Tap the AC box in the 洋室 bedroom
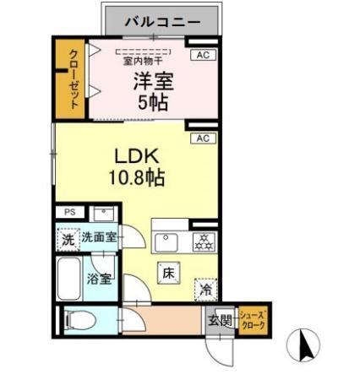click(201, 55)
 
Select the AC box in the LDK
click(202, 138)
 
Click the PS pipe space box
click(69, 213)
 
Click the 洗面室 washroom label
click(99, 238)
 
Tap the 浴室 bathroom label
click(99, 280)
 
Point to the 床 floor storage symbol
click(167, 272)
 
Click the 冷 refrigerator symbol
click(206, 289)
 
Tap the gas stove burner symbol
click(203, 241)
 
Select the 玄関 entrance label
click(219, 320)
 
